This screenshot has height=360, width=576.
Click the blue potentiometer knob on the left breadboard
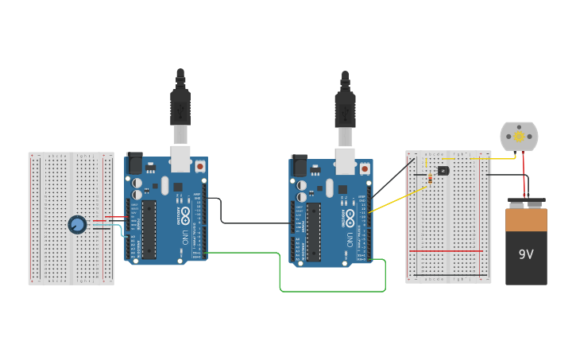coord(77,225)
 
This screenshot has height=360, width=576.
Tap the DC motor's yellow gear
coord(520,137)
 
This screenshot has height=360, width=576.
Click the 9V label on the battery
coord(526,254)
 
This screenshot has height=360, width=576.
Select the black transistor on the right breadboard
coord(443,170)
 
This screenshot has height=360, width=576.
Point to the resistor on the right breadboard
coord(430,178)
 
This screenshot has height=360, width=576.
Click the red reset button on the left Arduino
coord(199,166)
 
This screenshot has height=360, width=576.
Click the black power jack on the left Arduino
coord(134,163)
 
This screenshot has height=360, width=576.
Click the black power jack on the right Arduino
coord(300,165)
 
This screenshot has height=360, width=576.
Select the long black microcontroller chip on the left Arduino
coord(149,230)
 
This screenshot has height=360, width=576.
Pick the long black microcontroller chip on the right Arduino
coord(314,232)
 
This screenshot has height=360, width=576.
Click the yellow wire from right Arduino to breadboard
coord(389,202)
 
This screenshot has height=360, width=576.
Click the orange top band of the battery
coord(526,219)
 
